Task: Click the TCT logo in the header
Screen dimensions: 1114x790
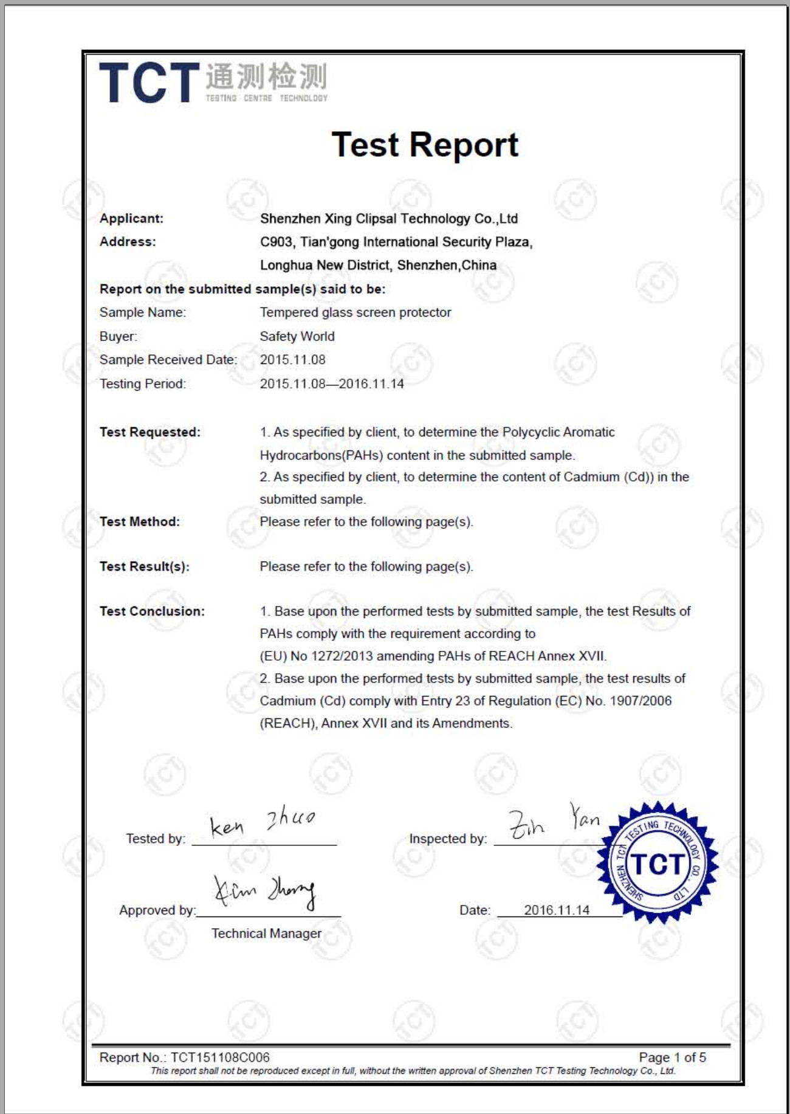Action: pos(213,82)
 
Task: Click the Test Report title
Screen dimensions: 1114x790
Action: pos(425,145)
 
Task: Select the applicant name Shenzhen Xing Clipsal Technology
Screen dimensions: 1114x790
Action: pos(388,219)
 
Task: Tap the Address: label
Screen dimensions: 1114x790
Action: pos(128,242)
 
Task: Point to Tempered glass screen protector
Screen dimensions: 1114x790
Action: pos(355,312)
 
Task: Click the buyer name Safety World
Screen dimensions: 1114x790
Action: pos(297,336)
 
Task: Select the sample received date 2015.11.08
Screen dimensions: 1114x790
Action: pos(292,360)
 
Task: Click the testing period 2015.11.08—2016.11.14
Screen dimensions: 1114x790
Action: pos(332,384)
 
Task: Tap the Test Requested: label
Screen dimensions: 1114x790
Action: pos(150,432)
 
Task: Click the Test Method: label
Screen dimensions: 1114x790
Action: pos(140,521)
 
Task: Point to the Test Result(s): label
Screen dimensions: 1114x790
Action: pos(145,566)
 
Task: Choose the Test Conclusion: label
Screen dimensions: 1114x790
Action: pos(152,611)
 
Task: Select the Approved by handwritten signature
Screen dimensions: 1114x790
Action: pos(265,892)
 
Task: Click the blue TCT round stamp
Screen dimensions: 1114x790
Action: pos(657,863)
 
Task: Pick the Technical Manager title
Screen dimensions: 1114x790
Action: pos(266,933)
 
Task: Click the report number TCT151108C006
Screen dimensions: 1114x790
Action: pos(220,1057)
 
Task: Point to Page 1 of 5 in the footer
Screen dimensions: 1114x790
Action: pos(672,1057)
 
